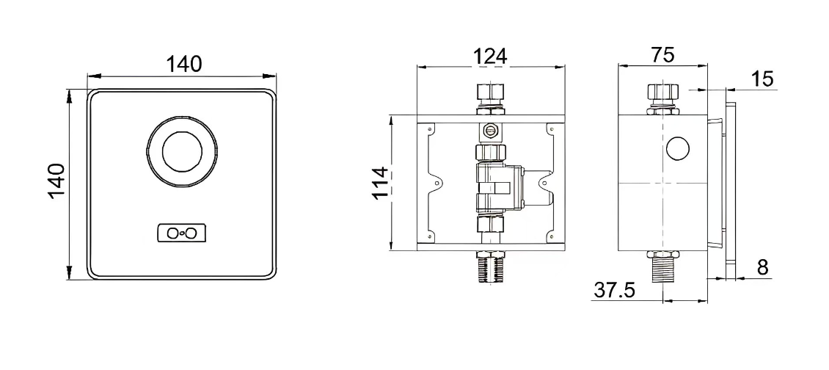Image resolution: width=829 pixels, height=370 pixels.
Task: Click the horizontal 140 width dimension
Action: click(183, 64)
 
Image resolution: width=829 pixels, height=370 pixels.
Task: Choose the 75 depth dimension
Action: click(662, 56)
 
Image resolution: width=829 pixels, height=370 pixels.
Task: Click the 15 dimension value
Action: click(763, 79)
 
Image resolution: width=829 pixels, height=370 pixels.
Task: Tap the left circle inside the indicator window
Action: click(173, 233)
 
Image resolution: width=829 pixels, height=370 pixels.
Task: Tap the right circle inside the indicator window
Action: click(191, 233)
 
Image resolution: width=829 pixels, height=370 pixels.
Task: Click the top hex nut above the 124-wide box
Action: click(489, 94)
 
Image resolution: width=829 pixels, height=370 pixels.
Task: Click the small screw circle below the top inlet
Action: click(489, 131)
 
